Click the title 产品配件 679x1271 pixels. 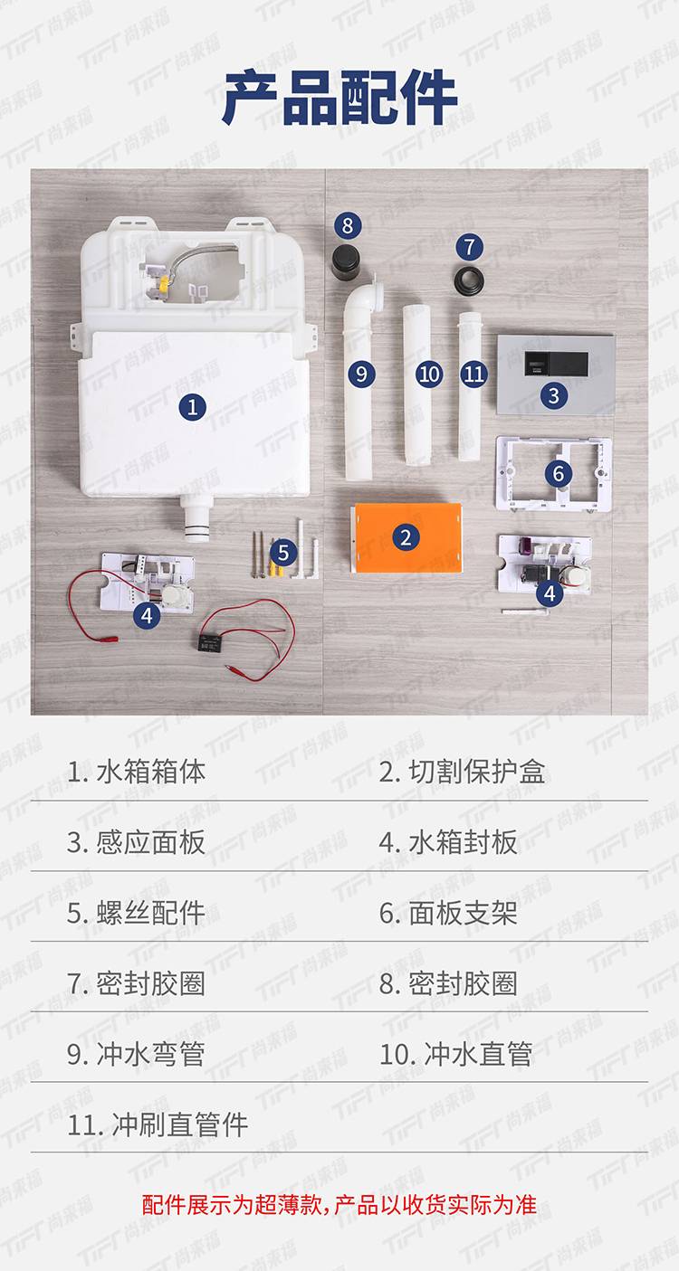pos(340,98)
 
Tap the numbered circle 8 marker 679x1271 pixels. pos(348,225)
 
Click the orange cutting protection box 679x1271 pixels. pos(406,537)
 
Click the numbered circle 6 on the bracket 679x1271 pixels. pos(558,473)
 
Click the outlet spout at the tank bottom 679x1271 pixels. pos(196,518)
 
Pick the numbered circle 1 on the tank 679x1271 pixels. pos(193,407)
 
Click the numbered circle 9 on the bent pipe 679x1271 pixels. pos(361,374)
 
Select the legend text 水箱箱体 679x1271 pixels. pos(151,772)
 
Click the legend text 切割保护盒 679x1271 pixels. pos(477,772)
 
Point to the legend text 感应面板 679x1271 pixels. pos(150,842)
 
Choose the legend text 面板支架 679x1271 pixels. pos(464,913)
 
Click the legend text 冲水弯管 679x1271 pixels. pos(150,1054)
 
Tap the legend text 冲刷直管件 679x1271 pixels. pos(180,1124)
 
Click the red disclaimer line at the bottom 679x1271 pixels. pos(339,1204)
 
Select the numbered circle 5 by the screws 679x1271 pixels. pos(283,552)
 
